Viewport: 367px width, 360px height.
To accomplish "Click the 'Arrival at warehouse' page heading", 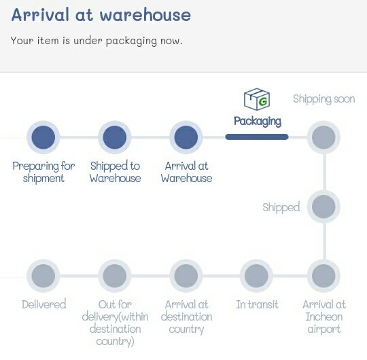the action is coord(101,14).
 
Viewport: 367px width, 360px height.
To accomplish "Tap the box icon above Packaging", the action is coord(257,99).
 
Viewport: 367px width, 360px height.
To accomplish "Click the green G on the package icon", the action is coord(263,101).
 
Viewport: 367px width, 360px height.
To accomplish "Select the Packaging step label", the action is coord(258,122).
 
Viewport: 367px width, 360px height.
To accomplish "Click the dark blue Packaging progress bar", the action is coord(257,137).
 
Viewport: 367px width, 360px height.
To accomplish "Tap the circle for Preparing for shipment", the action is coord(43,137).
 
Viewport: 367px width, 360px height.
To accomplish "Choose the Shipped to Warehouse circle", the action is coord(115,137).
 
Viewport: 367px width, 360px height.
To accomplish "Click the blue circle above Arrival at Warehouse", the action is coord(186,137).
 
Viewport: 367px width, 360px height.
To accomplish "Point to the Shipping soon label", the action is coord(324,99).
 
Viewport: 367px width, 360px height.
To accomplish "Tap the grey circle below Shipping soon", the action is coord(324,137).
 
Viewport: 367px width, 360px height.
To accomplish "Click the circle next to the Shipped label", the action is coord(324,206).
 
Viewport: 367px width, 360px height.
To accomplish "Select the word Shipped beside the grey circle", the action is coord(281,207).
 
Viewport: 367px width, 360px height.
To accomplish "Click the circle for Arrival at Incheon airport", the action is coord(324,276).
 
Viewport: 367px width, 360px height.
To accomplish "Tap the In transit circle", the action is coord(256,276).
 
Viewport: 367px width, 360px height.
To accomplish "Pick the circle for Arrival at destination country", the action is coord(186,276).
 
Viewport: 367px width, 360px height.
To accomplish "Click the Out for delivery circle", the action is coord(115,276).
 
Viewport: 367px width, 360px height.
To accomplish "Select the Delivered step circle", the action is coord(43,276).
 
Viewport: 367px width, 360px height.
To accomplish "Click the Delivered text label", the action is coord(43,304).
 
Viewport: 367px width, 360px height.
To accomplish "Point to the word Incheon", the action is coord(324,317).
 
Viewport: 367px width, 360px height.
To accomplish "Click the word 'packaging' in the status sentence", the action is coord(131,41).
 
